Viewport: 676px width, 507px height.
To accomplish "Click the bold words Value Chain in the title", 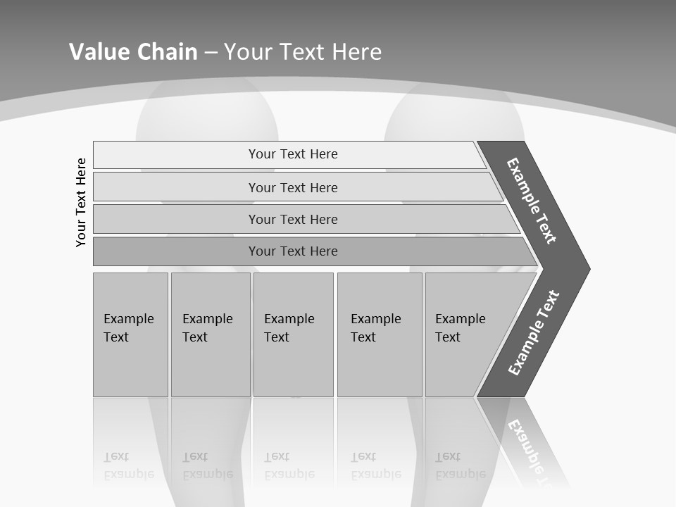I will coord(133,51).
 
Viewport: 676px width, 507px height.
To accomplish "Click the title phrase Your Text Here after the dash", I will coord(303,51).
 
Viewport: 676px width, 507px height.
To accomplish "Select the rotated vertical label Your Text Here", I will coord(81,202).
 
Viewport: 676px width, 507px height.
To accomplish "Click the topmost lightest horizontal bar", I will coord(292,154).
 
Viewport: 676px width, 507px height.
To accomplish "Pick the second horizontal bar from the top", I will coord(292,187).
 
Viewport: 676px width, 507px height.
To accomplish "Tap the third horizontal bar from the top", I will coord(292,219).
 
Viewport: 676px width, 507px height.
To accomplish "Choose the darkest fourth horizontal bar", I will coord(292,251).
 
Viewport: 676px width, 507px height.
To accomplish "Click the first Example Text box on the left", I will coord(130,334).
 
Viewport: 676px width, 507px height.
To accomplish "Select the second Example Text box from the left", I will coord(210,334).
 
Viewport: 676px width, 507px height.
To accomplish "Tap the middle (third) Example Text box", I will coord(292,334).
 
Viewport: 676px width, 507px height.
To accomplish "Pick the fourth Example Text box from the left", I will coord(379,334).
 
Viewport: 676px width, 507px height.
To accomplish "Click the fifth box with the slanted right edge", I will coord(465,334).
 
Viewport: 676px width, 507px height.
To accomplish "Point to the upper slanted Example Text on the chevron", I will coord(532,201).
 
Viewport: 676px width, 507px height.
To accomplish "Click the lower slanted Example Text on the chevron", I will coord(534,332).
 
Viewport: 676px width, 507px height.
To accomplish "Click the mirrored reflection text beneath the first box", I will coord(128,465).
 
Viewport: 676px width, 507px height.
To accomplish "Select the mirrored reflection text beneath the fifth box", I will coord(460,465).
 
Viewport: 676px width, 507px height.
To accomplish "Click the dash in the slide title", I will coord(211,52).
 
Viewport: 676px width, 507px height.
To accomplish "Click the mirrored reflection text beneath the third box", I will coord(289,465).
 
